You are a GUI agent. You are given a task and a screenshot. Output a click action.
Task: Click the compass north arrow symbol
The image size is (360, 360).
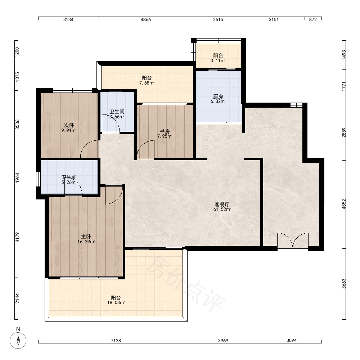point(18,340)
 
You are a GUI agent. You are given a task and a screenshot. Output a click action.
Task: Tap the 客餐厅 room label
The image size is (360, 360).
point(222,204)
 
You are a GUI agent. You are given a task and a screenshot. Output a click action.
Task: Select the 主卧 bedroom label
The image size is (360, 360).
point(86,237)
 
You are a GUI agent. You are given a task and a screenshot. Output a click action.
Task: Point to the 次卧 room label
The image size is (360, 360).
point(69,125)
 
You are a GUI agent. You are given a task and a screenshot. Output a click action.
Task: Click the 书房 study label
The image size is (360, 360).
point(165,131)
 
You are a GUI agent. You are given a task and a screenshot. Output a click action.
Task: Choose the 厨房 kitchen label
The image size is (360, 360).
point(218,96)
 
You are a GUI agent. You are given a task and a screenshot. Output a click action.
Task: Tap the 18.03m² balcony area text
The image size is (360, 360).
point(116,303)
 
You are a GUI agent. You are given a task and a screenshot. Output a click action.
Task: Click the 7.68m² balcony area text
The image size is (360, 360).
point(147,83)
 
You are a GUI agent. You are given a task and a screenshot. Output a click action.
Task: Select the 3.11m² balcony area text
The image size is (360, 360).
point(218,60)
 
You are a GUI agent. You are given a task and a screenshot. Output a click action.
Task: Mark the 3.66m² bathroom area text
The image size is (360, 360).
point(117,117)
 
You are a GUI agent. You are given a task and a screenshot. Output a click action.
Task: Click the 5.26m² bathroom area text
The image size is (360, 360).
point(69,182)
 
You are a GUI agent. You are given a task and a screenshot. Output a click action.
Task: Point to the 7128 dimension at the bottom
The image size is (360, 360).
point(116,341)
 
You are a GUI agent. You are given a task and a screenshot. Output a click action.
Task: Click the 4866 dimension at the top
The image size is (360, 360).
point(146,19)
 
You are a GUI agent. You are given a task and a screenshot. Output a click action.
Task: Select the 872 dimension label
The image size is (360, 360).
point(313,19)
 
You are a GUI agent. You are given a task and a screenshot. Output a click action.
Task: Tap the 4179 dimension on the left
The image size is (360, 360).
point(17,237)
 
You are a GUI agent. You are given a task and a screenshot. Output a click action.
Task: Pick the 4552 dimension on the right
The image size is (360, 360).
point(344,204)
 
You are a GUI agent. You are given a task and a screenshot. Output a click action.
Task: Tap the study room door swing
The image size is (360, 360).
point(145,149)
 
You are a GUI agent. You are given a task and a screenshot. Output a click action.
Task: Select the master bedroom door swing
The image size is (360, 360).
point(114,195)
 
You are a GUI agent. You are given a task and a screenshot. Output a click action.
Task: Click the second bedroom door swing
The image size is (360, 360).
point(89,149)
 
